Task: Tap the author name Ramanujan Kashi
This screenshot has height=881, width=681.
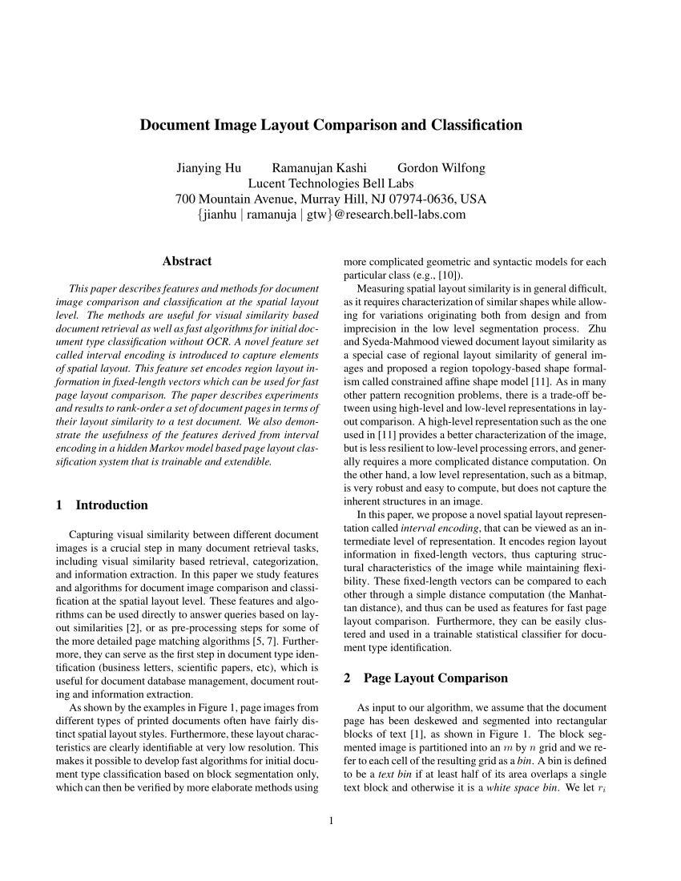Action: tap(319, 168)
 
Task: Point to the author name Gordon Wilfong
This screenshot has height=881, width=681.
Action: tap(441, 168)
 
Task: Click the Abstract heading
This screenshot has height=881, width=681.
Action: tap(187, 261)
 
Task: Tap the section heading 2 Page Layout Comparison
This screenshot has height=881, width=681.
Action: tap(425, 678)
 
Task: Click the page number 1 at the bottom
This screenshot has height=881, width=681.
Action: tap(331, 819)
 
